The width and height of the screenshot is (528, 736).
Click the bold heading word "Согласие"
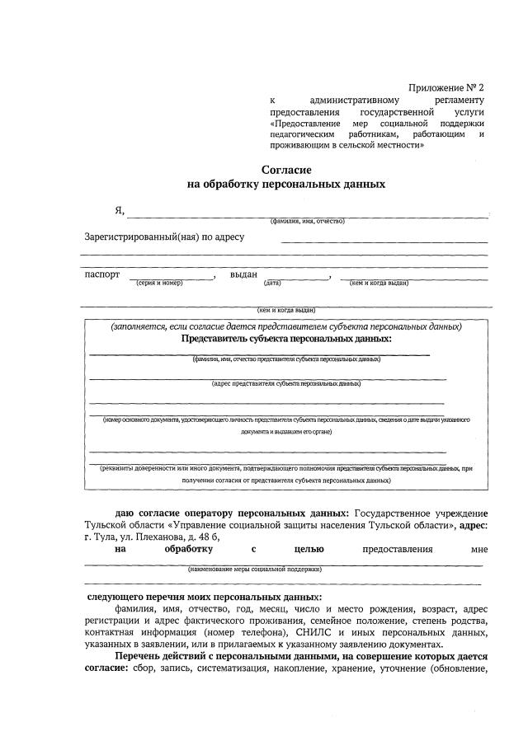(x=286, y=170)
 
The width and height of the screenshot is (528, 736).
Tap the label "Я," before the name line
(x=119, y=210)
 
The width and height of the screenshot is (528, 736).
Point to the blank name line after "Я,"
(x=305, y=215)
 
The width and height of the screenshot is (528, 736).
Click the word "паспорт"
(x=102, y=274)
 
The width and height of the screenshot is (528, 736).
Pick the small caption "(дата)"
(x=272, y=284)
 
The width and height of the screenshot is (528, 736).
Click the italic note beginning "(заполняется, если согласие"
(x=286, y=326)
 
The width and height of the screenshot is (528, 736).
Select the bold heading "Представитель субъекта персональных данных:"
(x=286, y=339)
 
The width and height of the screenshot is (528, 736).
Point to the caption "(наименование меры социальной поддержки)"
(x=254, y=569)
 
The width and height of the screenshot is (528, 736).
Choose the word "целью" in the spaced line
(x=308, y=549)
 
